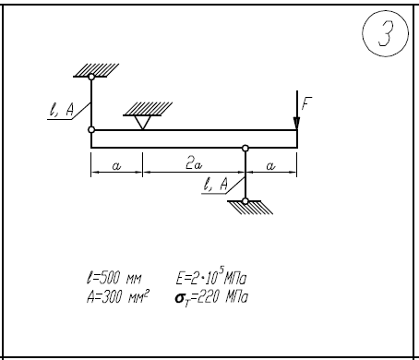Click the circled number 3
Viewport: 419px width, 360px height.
(385, 33)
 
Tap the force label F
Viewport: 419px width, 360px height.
(306, 103)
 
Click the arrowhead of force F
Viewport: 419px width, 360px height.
(296, 124)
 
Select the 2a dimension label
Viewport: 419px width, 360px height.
(194, 164)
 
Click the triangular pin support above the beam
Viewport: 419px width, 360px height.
(143, 123)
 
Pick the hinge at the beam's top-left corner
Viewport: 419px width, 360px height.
(91, 130)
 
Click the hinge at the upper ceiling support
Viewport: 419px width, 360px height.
(91, 77)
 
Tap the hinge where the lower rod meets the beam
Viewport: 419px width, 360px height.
(245, 149)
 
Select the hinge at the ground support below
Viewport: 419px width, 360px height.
(245, 201)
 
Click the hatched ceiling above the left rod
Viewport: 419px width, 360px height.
(96, 70)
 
